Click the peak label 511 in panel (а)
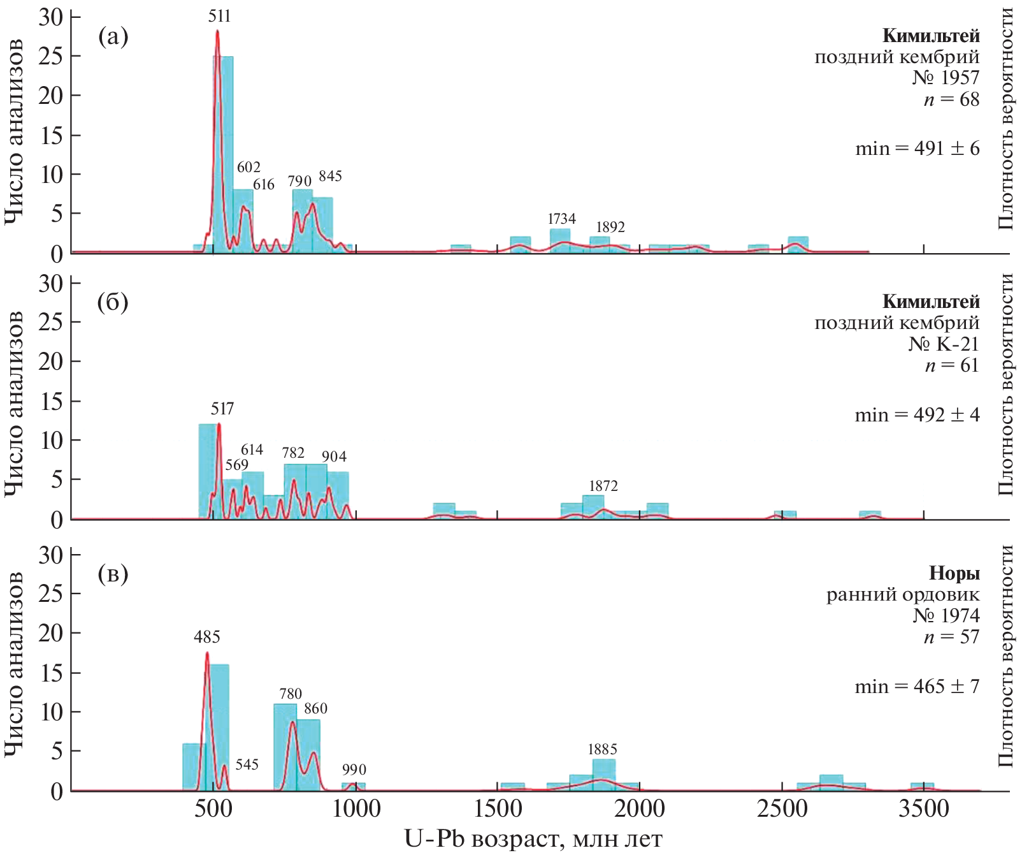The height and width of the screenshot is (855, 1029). tap(219, 16)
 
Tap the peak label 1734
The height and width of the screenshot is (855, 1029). tap(561, 219)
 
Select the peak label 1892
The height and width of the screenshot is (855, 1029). tap(610, 227)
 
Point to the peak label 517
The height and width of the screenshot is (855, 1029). tap(222, 409)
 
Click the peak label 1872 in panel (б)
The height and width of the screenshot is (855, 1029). tap(603, 486)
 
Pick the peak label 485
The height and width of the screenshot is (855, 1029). tap(207, 636)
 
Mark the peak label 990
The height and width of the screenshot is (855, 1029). tap(354, 770)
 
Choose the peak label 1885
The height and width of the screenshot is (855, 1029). tap(602, 749)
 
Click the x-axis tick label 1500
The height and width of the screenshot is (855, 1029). tap(498, 810)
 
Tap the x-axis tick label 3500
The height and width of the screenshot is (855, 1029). tap(923, 810)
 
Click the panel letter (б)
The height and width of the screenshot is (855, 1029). tap(113, 302)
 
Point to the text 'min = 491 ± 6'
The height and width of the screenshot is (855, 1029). tap(917, 149)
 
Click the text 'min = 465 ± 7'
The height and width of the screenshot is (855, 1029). tap(917, 687)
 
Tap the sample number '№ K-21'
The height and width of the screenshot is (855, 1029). tap(943, 344)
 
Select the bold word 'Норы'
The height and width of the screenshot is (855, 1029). tap(954, 573)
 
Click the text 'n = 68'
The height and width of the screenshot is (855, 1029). tap(951, 99)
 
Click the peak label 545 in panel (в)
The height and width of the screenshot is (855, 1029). tap(247, 764)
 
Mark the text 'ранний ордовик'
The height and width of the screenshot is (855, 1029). tap(903, 595)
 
